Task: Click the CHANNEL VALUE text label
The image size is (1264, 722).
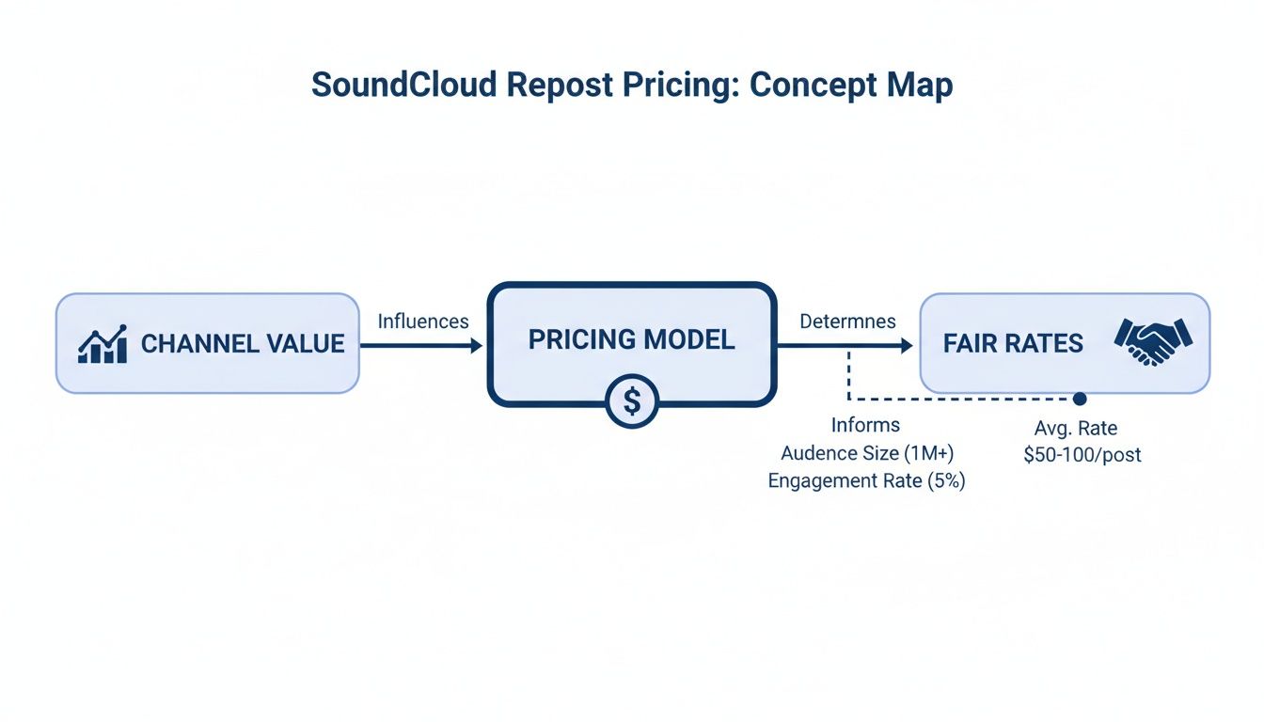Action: [243, 344]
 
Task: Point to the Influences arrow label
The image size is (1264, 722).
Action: [423, 322]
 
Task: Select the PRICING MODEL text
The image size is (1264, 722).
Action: [631, 340]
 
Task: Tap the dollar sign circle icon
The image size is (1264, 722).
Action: [632, 402]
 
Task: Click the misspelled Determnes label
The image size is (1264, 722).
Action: [847, 322]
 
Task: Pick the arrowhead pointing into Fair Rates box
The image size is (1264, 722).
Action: [906, 346]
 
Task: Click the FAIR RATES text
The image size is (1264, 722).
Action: [1013, 344]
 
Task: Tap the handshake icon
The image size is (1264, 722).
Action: [1152, 340]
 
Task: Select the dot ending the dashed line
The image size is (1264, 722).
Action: [1080, 400]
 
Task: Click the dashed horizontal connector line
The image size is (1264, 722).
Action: [959, 400]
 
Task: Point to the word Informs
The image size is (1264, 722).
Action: [865, 426]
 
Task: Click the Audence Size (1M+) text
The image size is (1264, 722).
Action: [867, 453]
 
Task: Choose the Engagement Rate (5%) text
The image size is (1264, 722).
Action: [867, 481]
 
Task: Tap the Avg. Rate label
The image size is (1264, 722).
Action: [1076, 429]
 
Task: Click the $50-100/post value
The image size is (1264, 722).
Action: [1082, 455]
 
